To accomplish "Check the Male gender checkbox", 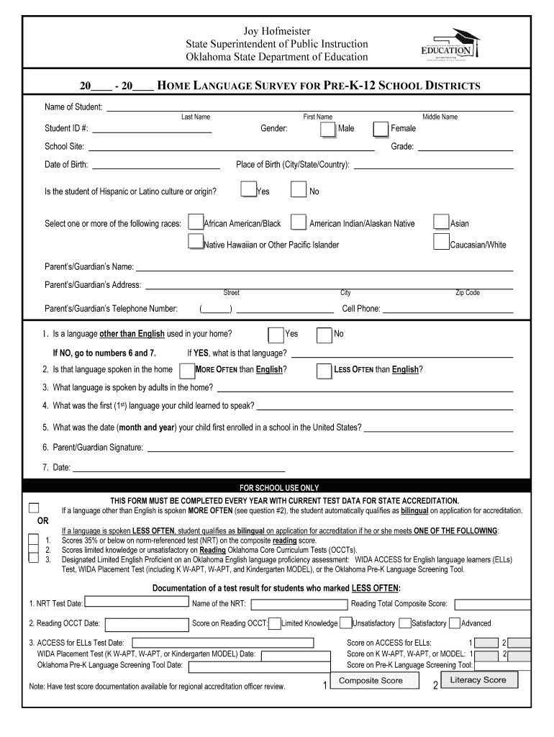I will pyautogui.click(x=327, y=129).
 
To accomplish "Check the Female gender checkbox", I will pyautogui.click(x=381, y=129).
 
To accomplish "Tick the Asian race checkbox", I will pyautogui.click(x=441, y=222).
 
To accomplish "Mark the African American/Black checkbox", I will pyautogui.click(x=195, y=222).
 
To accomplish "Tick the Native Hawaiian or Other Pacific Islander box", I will pyautogui.click(x=195, y=243).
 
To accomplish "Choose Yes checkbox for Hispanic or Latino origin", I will pyautogui.click(x=249, y=189).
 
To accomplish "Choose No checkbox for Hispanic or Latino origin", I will pyautogui.click(x=299, y=190).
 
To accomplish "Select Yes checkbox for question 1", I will pyautogui.click(x=276, y=335).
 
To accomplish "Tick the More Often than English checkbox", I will pyautogui.click(x=187, y=371).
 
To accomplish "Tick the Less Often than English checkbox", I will pyautogui.click(x=324, y=371).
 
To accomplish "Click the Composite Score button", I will pyautogui.click(x=371, y=682).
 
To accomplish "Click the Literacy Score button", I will pyautogui.click(x=478, y=681).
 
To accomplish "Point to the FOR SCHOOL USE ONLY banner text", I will pyautogui.click(x=278, y=487).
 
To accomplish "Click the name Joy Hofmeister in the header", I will pyautogui.click(x=277, y=31).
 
